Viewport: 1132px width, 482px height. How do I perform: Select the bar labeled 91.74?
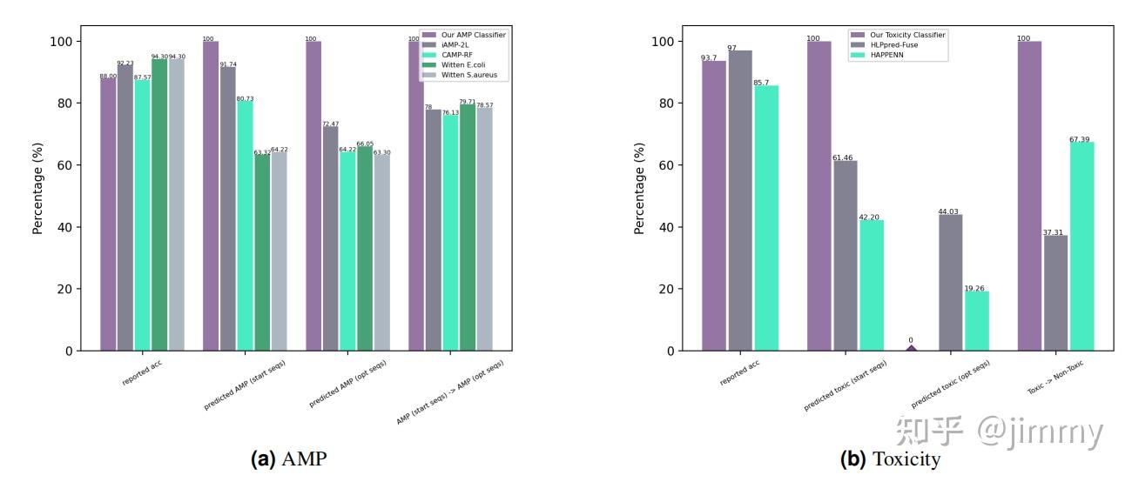pos(227,209)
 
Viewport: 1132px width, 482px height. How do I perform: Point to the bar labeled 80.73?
pos(245,226)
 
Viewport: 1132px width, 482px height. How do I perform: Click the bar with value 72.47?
pos(330,238)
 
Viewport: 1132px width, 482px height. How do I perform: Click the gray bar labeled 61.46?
pos(845,256)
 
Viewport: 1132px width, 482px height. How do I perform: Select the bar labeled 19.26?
pos(976,321)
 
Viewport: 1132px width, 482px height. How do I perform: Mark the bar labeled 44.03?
pos(950,283)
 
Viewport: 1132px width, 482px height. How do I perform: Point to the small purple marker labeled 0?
pos(911,348)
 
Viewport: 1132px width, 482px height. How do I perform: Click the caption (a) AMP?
pos(288,459)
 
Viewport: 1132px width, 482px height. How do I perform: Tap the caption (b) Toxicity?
pos(889,459)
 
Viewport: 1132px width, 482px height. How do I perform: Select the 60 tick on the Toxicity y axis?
pos(666,165)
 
